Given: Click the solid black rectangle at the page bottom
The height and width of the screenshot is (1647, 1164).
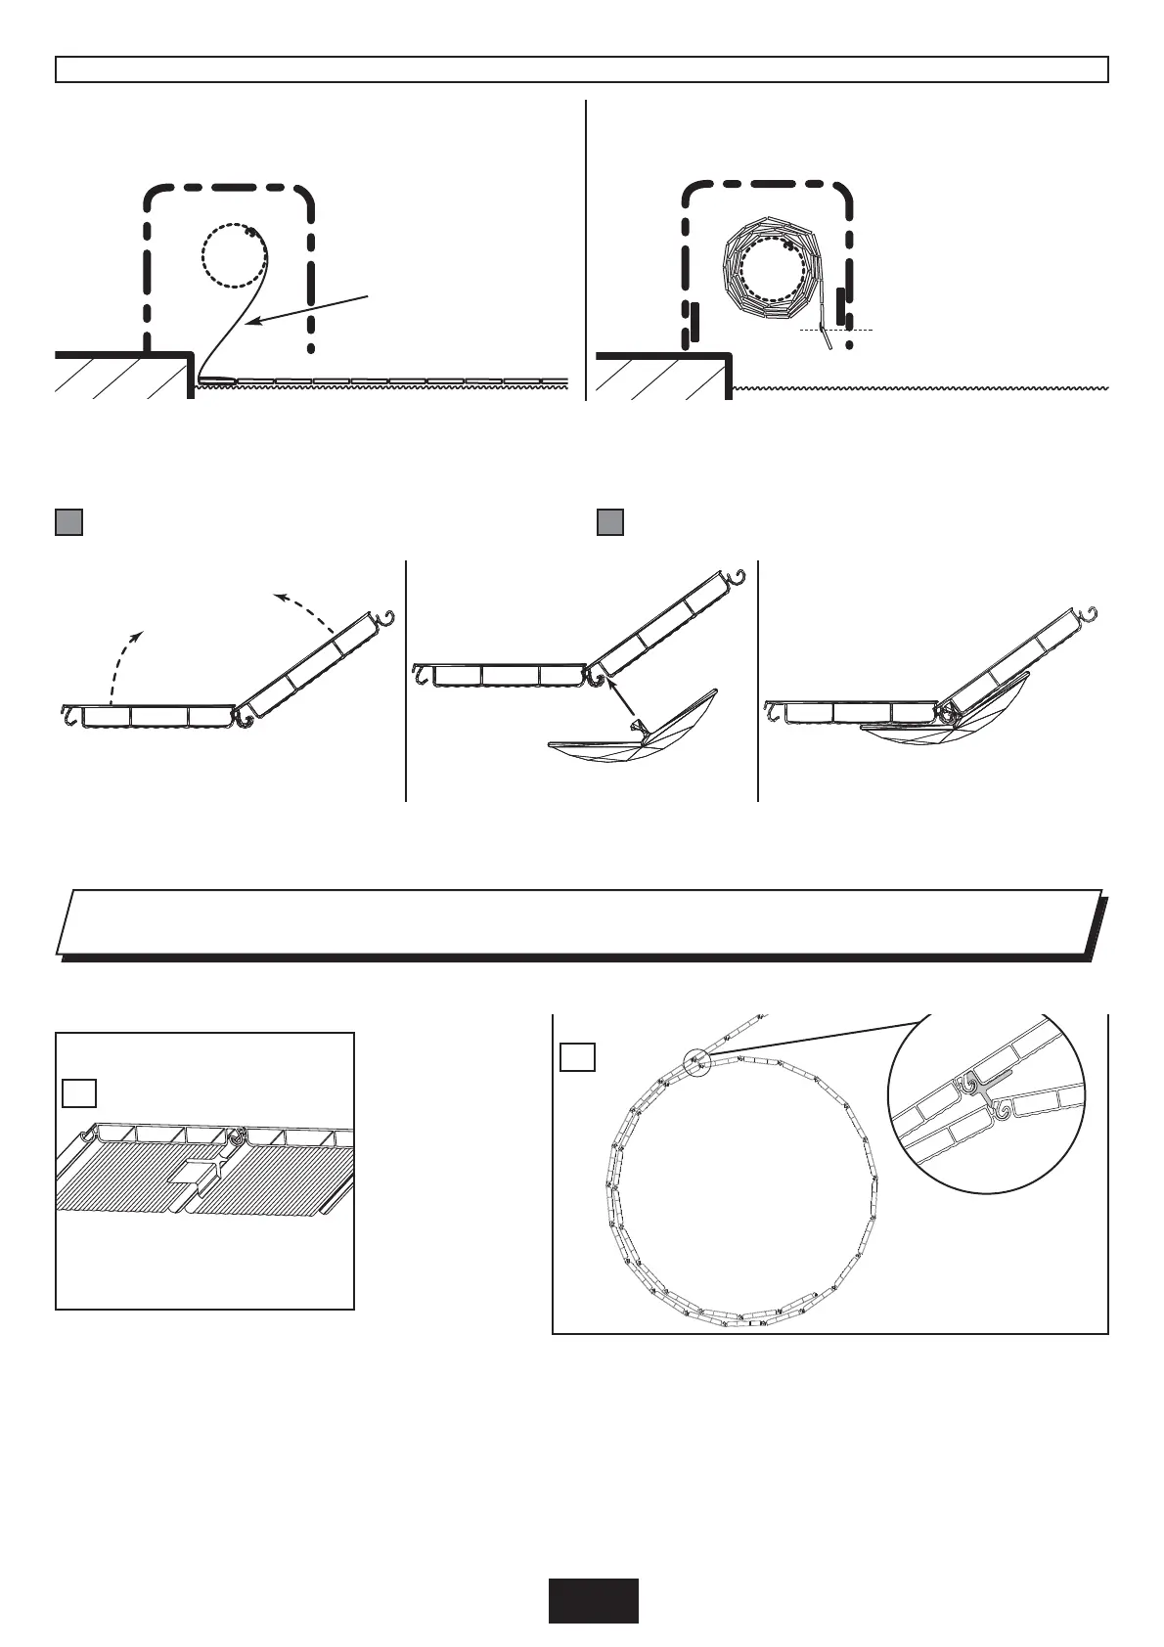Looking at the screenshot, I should point(593,1600).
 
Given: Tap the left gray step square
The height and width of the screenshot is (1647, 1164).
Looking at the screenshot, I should point(68,521).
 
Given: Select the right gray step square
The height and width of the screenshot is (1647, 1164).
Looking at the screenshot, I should point(610,521).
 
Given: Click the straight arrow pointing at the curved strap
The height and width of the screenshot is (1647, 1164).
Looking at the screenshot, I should point(307,307).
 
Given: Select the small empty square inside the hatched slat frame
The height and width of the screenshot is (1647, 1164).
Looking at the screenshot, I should point(78,1092).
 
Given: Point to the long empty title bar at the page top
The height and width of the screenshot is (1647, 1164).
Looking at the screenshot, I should point(581,69).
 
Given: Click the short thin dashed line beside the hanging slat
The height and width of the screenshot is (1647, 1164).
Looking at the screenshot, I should point(836,331).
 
